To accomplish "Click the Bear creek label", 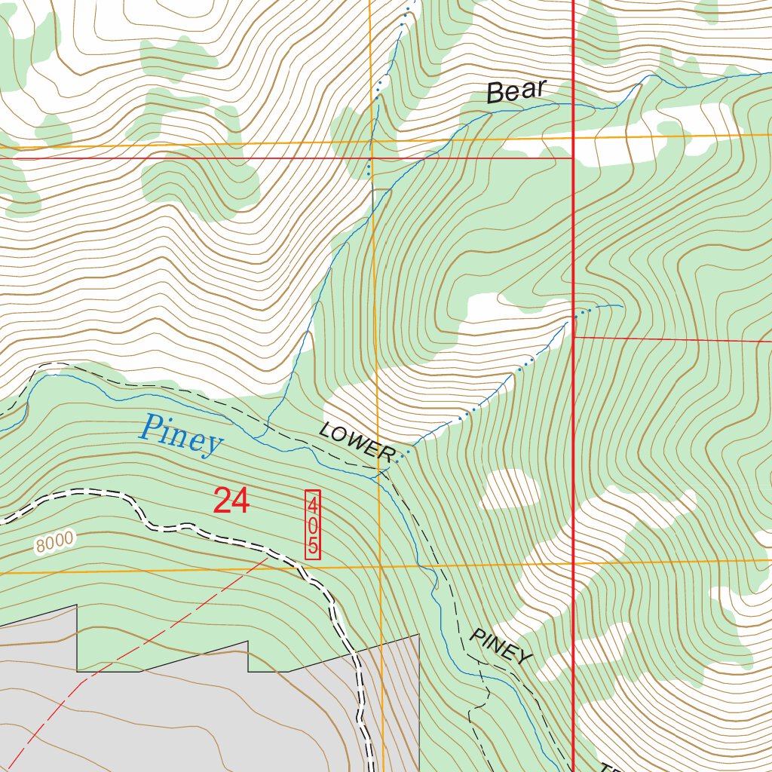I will (516, 90).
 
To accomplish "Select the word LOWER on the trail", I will (356, 442).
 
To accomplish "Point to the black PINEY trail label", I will (501, 647).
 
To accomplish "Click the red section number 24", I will (231, 501).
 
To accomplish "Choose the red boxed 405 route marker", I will (312, 524).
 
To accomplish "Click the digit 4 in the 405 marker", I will (312, 501).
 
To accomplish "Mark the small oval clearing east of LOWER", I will (511, 489).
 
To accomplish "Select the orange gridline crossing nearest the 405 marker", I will (379, 566).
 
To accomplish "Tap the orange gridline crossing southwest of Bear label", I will (371, 141).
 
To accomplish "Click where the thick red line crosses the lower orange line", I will (574, 562).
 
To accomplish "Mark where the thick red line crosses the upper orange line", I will (574, 136).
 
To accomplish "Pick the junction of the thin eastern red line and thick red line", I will (574, 338).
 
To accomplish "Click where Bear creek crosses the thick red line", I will (574, 106).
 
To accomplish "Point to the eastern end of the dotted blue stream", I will (621, 305).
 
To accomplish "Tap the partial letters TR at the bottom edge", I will (609, 767).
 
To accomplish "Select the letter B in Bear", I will (495, 93).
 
